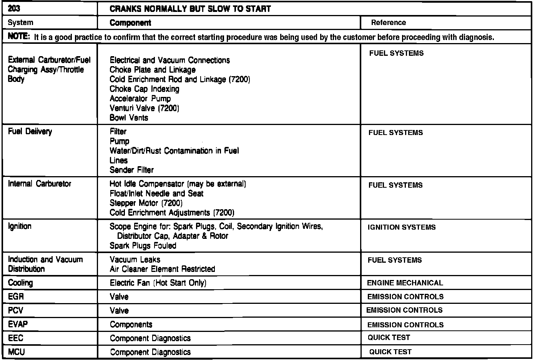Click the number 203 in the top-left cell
coord(14,8)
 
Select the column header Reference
coord(388,23)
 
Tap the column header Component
coord(130,23)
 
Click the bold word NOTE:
coord(18,37)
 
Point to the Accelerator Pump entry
coord(140,98)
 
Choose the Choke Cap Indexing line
coord(145,89)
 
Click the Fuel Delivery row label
coord(30,132)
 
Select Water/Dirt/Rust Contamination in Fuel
coord(174,151)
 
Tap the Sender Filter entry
coord(131,170)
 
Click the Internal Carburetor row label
coord(40,184)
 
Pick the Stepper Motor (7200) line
coord(146,203)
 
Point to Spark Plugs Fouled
coord(143,246)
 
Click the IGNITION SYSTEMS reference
coord(402,227)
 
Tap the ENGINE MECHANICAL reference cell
coord(405,283)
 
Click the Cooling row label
coord(20,283)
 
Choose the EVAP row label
coord(18,324)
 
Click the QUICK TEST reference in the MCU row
coord(390,352)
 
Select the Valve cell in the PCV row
coord(119,311)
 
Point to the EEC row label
coord(16,338)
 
